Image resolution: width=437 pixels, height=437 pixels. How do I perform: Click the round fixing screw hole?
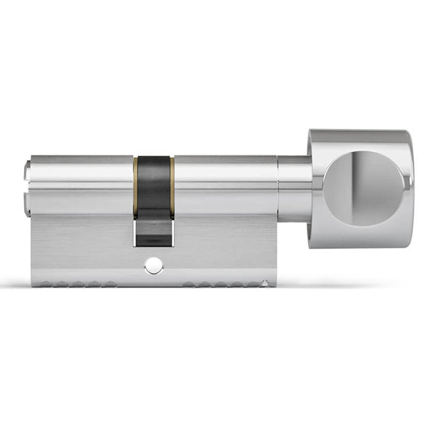154,267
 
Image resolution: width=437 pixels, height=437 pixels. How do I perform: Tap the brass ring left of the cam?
135,186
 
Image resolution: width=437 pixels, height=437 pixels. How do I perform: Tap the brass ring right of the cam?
173,186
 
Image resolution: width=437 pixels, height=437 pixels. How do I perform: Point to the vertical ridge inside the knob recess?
361,187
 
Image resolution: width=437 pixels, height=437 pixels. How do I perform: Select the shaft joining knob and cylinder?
294,188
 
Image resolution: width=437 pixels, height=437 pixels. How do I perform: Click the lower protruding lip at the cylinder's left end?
28,203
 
